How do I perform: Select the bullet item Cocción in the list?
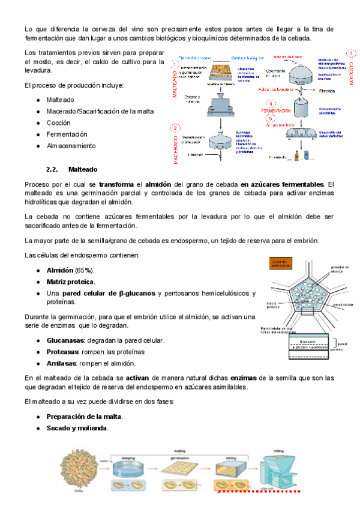point(59,123)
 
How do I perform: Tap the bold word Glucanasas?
point(65,340)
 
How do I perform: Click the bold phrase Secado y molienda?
point(77,428)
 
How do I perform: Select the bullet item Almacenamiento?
point(70,146)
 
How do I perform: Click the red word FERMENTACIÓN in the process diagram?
point(280,112)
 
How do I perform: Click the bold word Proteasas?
point(63,352)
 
